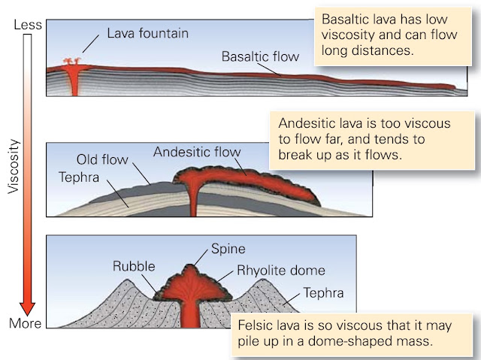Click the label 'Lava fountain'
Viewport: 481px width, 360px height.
point(148,33)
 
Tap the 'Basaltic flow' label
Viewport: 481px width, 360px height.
point(260,56)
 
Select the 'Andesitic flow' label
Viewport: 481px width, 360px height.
point(197,152)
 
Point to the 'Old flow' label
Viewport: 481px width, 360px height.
point(102,159)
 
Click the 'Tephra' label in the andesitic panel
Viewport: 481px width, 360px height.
point(79,177)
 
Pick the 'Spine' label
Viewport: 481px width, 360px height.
point(228,249)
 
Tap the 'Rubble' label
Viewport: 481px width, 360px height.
point(134,266)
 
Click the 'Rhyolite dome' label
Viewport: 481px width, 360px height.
point(281,271)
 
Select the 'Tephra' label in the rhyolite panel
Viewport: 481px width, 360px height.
point(323,293)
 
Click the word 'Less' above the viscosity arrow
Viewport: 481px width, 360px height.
point(28,25)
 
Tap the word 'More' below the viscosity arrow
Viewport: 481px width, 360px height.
point(25,323)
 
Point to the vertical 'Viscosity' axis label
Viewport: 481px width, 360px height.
point(14,167)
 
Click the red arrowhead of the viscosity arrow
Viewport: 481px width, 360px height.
point(27,308)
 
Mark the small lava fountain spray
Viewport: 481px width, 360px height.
point(72,61)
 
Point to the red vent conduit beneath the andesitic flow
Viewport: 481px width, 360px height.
point(193,198)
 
